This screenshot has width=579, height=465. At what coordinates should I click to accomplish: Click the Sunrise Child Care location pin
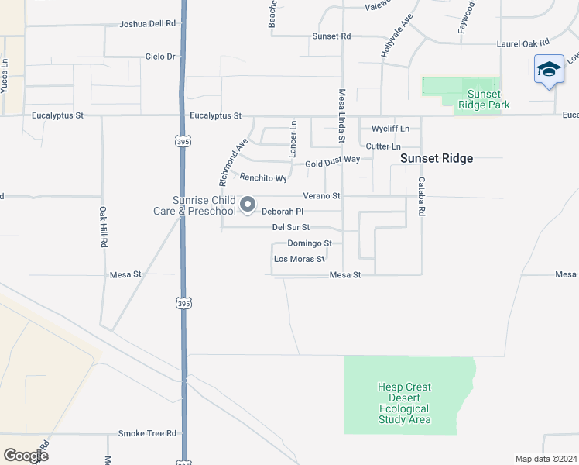[248, 205]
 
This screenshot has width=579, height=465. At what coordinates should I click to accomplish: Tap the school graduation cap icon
[549, 69]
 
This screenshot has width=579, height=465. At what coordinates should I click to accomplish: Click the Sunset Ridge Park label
[478, 99]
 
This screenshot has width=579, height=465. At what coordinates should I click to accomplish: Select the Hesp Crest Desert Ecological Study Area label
[405, 403]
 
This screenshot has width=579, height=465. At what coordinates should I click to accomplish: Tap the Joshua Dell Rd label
[147, 24]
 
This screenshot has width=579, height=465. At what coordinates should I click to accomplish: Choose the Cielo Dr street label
[161, 57]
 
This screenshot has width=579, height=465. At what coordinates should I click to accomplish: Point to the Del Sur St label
[291, 227]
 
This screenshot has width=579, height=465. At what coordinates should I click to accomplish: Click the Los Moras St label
[298, 259]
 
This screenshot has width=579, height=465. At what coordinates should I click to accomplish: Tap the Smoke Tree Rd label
[147, 433]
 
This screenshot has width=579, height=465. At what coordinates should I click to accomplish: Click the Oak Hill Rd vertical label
[102, 226]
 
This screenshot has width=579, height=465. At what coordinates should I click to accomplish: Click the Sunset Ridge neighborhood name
[436, 158]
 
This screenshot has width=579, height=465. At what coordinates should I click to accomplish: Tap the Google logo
[26, 456]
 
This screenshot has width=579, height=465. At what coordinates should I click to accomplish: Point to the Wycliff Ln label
[390, 128]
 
